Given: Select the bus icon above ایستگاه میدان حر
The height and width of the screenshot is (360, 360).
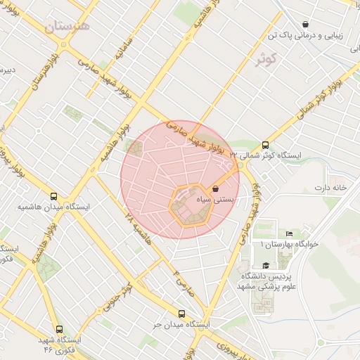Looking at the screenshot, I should point(182,314).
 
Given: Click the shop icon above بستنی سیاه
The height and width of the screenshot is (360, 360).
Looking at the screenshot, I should point(215,188).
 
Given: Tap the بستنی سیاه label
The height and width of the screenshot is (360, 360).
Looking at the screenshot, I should point(223,200).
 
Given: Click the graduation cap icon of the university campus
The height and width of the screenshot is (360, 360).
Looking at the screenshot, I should point(266,265).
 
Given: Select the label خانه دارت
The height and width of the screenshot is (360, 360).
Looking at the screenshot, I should point(331,188).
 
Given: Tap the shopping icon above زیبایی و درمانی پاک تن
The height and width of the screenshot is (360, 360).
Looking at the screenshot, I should point(305,24).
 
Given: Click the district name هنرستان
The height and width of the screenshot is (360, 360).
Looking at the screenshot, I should point(67,27).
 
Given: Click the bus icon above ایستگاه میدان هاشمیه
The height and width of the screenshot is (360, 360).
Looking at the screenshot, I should point(54,196).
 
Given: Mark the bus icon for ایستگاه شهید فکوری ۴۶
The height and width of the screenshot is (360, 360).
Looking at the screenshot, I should point(59,328).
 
